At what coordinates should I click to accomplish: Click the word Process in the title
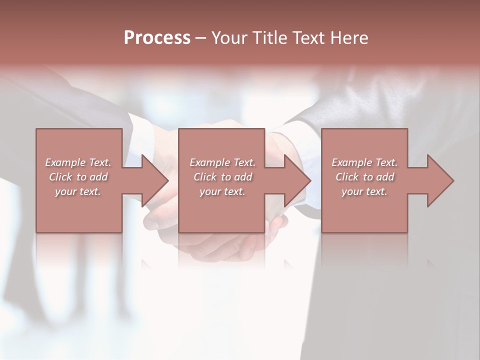point(157,38)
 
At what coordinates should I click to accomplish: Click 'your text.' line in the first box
point(78,191)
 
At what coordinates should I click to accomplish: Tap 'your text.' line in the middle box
point(222,191)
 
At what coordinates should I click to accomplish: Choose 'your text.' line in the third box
point(364,191)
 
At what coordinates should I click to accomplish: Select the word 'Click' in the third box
point(347,177)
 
